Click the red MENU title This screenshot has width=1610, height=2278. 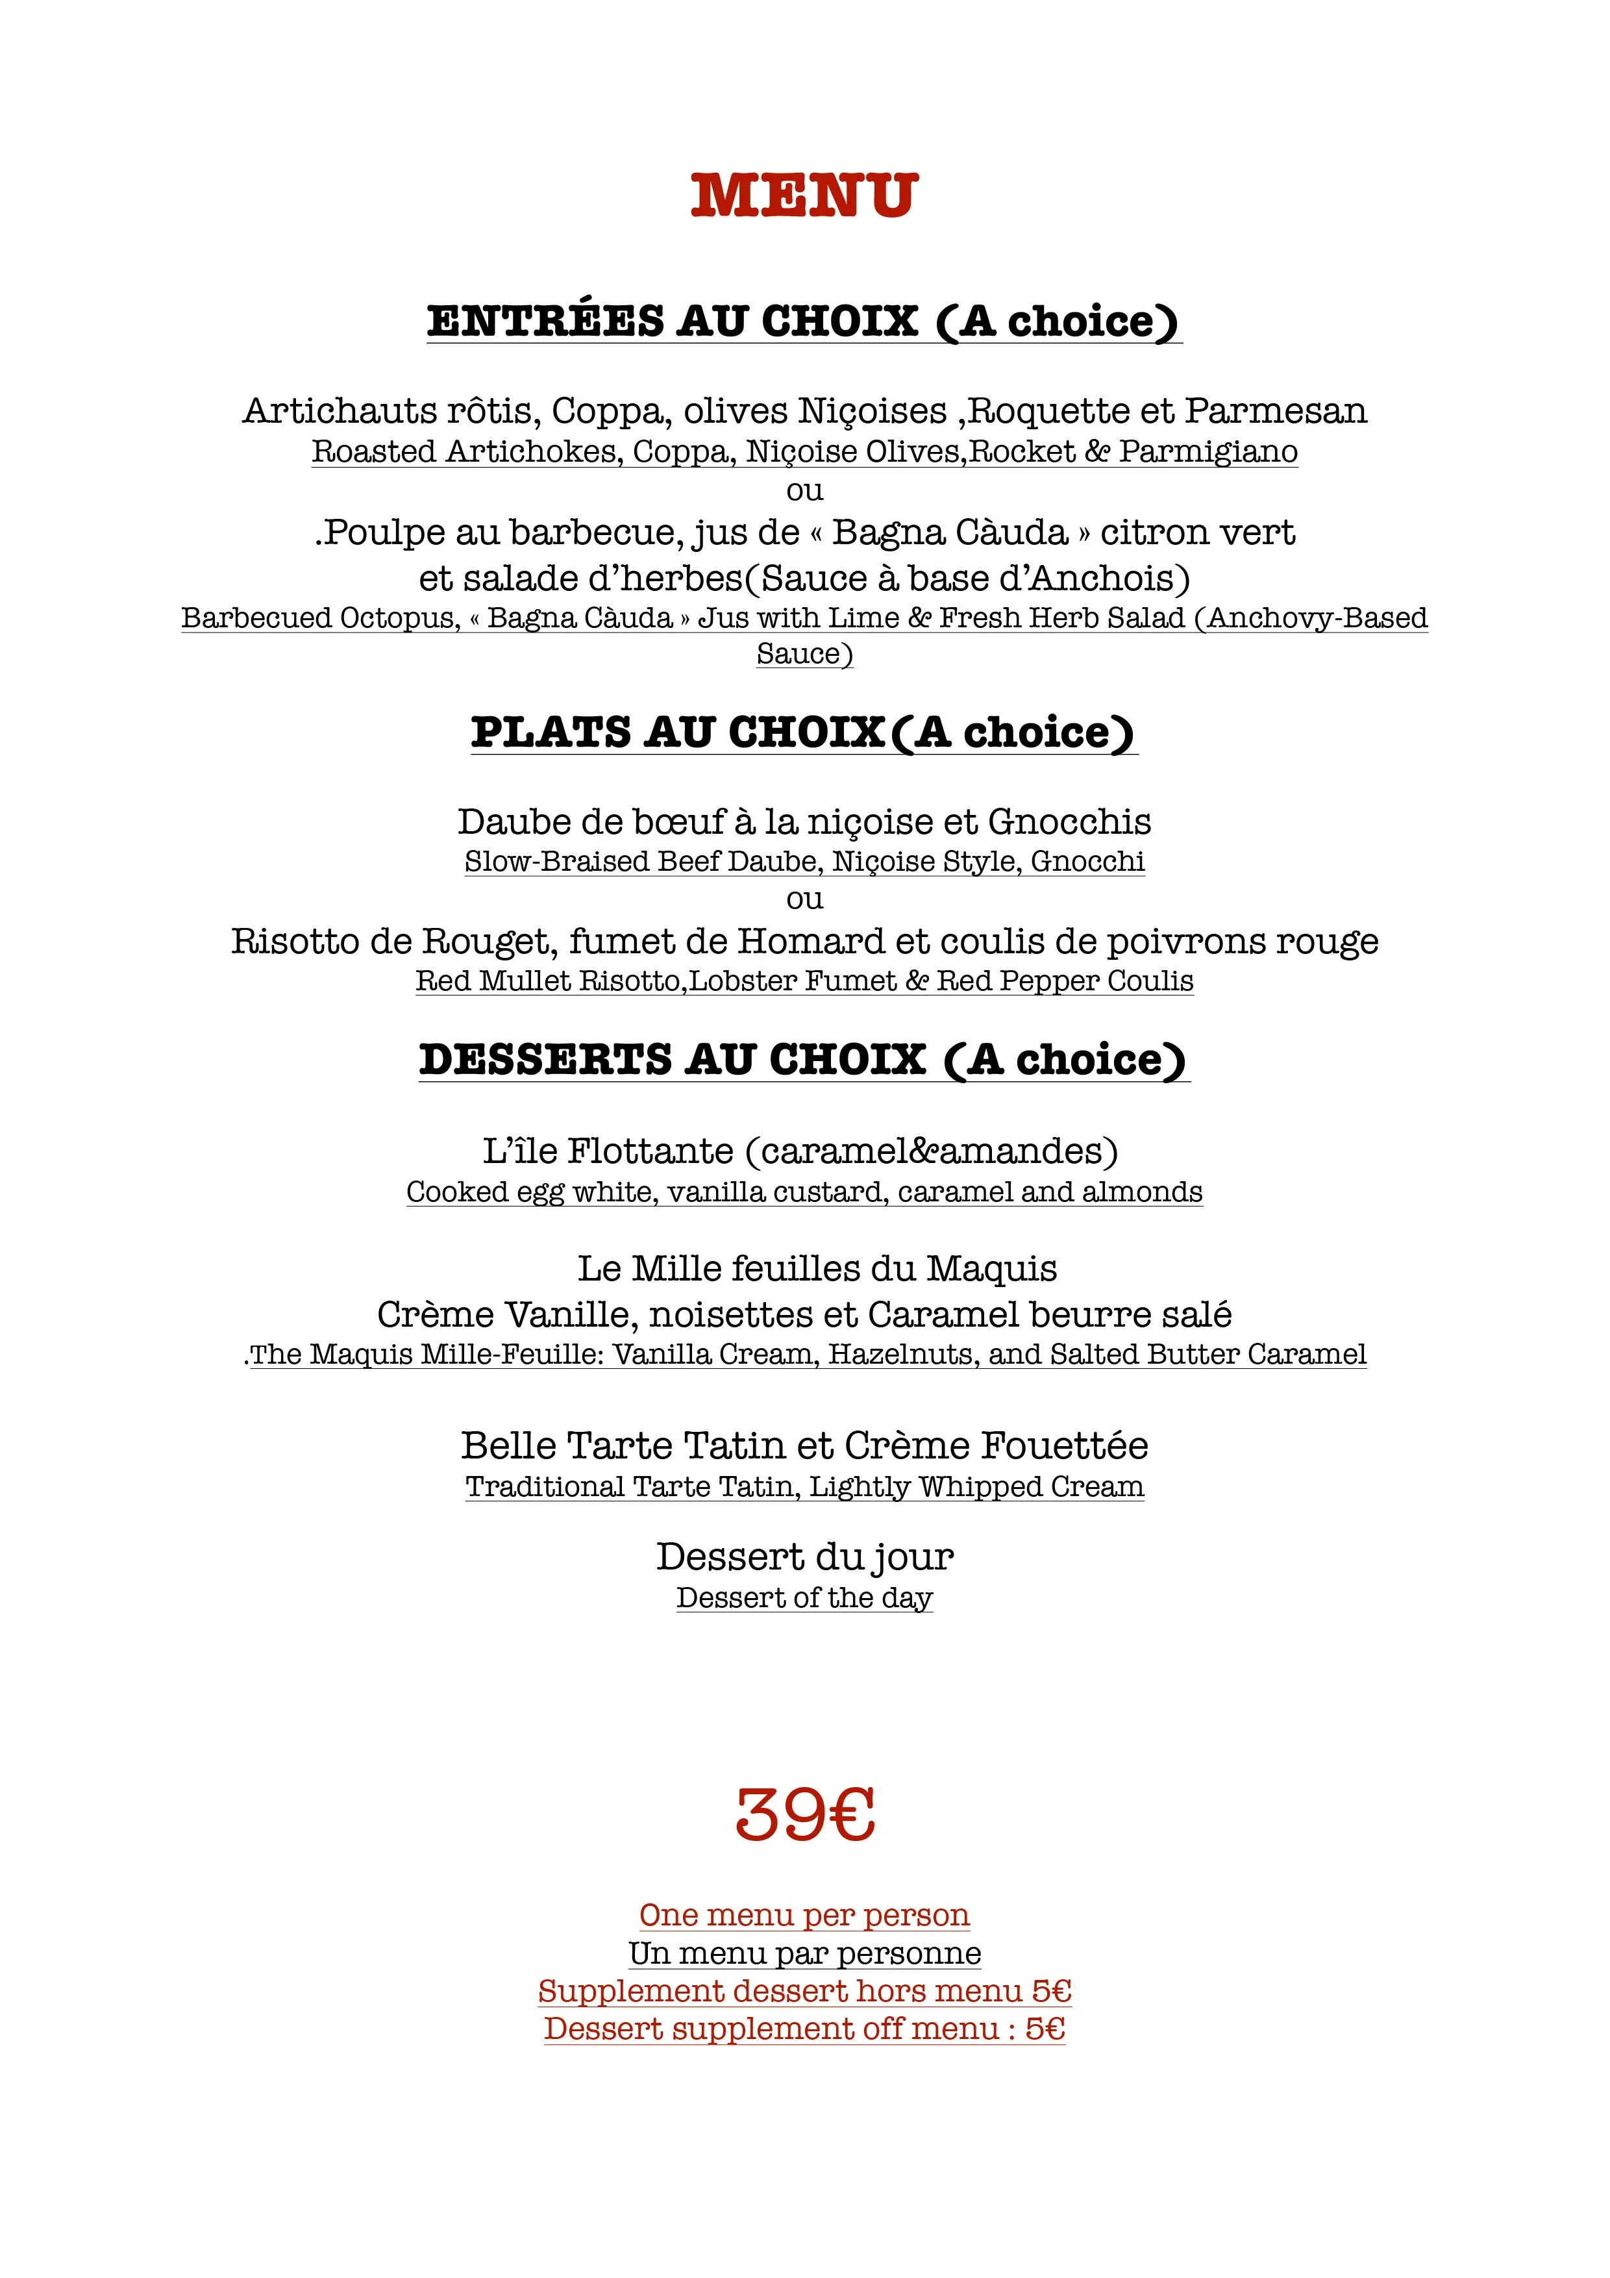804,195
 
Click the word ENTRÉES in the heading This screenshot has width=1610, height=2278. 545,321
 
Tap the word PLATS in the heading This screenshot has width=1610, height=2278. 551,733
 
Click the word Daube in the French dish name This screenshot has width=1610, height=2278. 500,823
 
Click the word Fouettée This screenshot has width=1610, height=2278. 1065,1447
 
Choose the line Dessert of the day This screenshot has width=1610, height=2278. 804,1598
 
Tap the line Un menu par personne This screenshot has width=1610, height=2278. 804,1953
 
